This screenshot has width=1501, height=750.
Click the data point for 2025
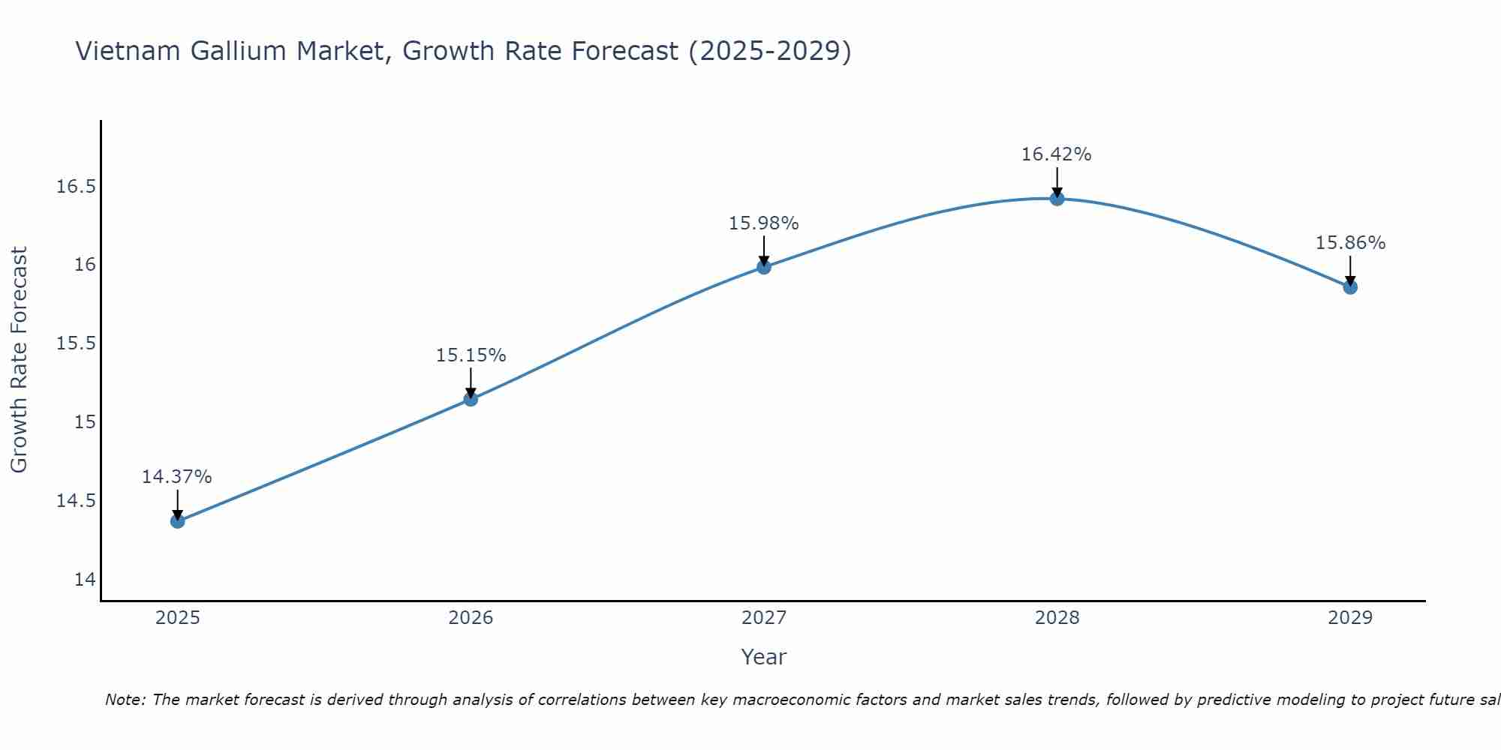[x=178, y=521]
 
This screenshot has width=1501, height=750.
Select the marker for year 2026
[x=471, y=399]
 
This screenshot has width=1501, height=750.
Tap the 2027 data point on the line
[x=764, y=267]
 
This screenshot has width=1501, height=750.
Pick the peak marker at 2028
[x=1057, y=199]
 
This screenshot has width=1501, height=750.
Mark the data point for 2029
[x=1350, y=287]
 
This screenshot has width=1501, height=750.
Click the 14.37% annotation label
[x=177, y=477]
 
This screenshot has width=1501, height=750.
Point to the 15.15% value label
[x=471, y=355]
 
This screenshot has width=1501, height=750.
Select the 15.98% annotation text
[x=764, y=223]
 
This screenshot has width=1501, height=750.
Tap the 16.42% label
[x=1057, y=154]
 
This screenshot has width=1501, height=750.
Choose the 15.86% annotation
[x=1350, y=243]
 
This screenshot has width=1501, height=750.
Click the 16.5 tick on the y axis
[x=76, y=186]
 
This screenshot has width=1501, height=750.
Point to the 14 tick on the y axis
[x=85, y=580]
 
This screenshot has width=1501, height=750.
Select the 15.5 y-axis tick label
[x=76, y=343]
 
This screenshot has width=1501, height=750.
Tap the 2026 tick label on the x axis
[x=471, y=618]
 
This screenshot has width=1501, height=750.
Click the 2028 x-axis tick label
[x=1057, y=618]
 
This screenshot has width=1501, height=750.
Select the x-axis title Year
[x=764, y=657]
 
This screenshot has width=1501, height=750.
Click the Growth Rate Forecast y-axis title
[x=20, y=360]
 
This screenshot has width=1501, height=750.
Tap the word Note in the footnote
[x=125, y=700]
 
